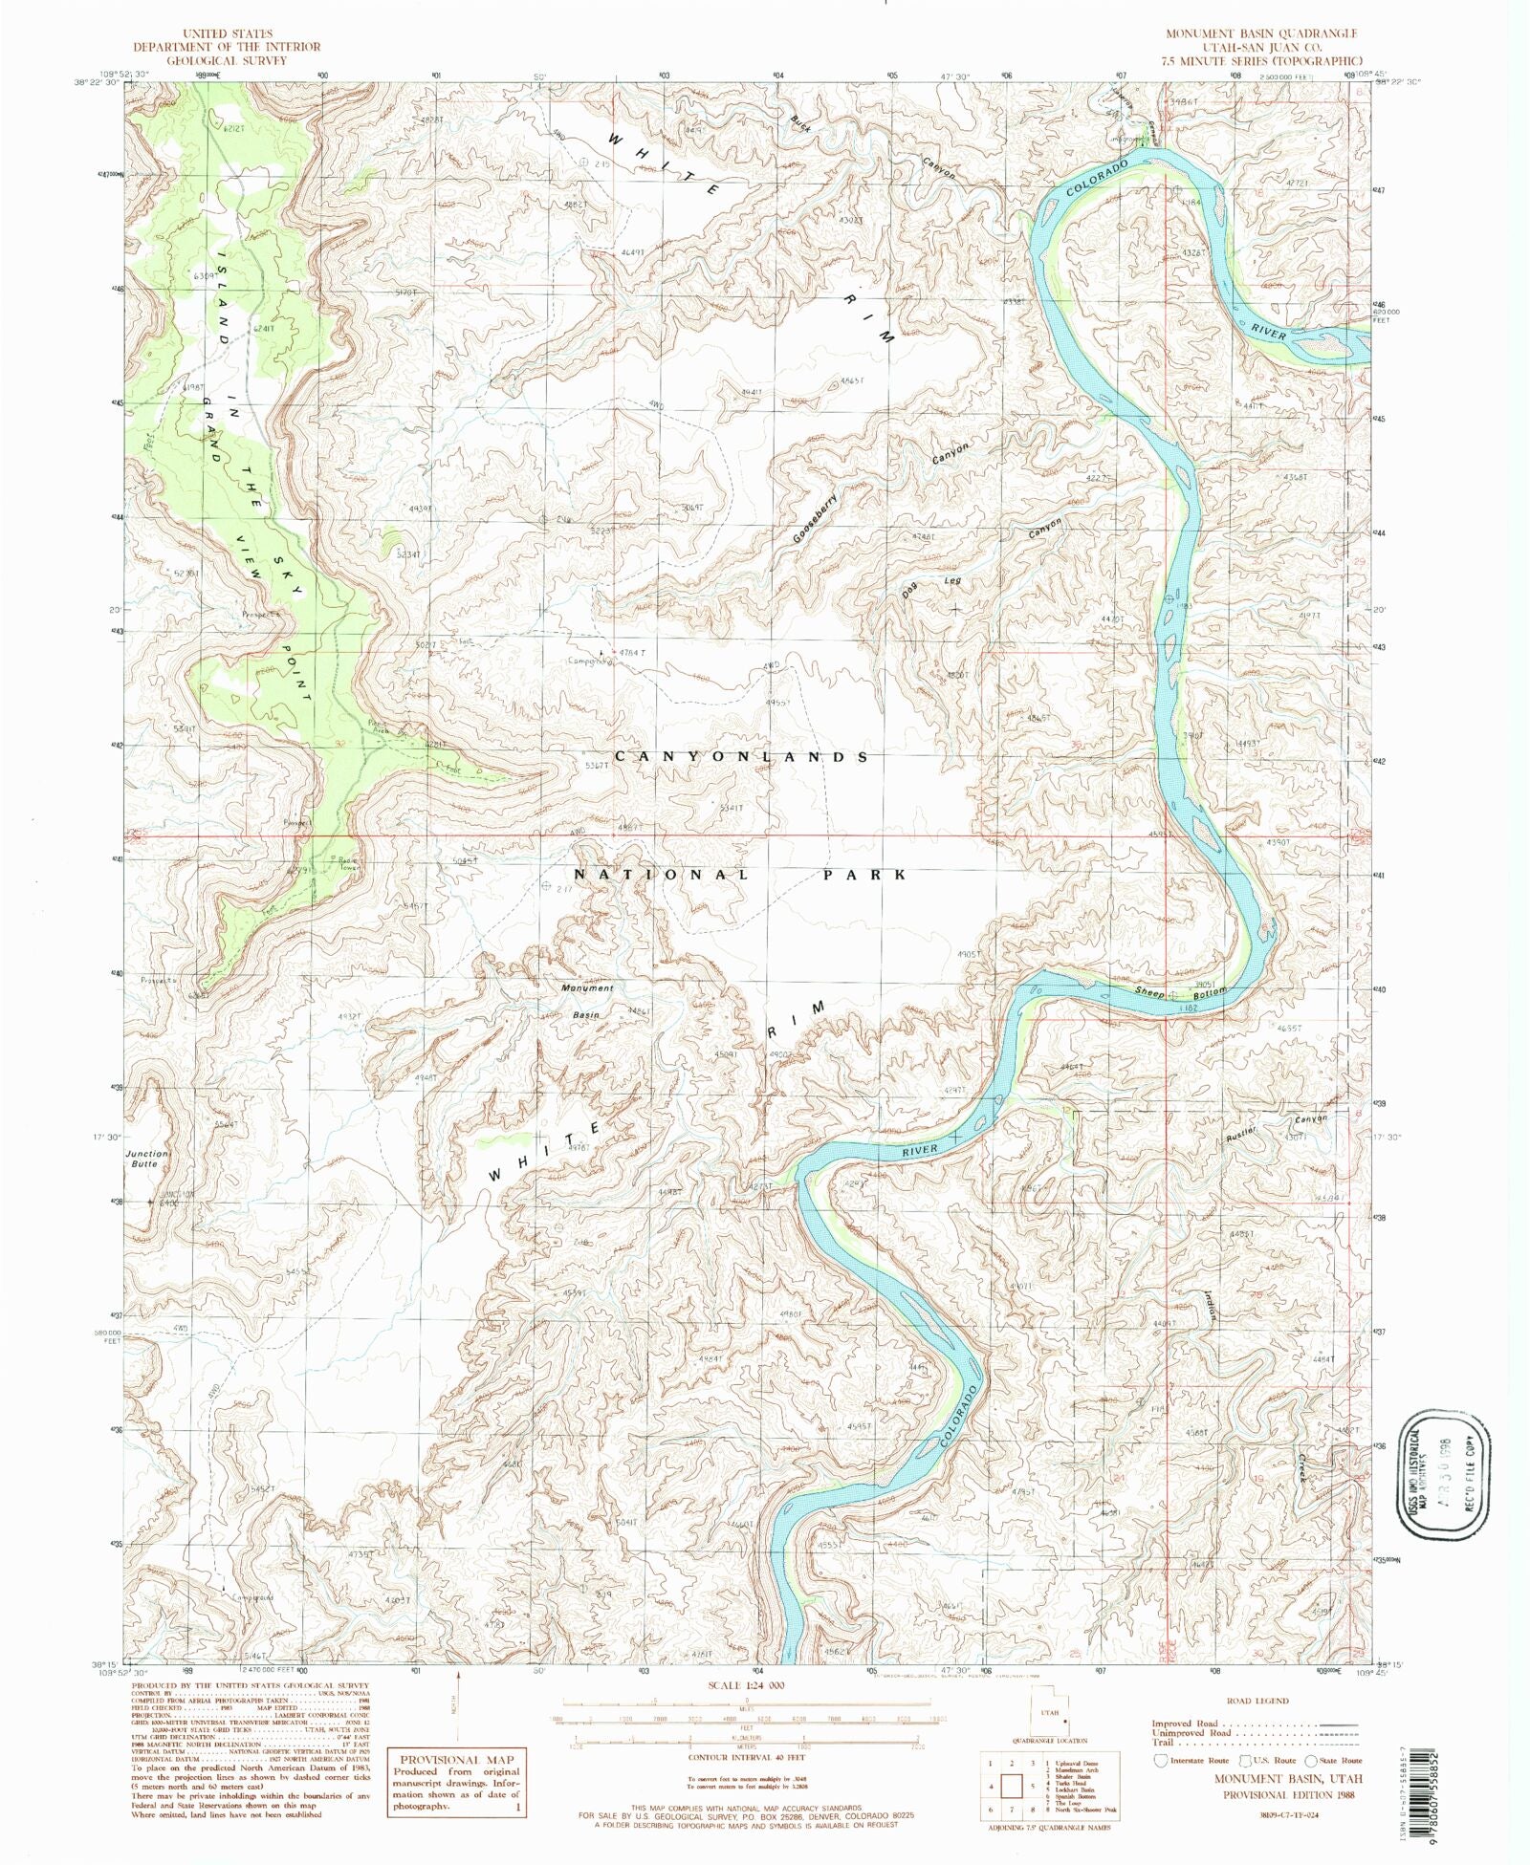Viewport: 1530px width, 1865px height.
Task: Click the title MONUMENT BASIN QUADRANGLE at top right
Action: pos(1260,33)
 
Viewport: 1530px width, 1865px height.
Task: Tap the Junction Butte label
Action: pos(146,1159)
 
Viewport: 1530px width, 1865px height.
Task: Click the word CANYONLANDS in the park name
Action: pos(741,756)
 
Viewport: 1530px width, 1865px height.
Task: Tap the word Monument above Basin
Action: pos(587,987)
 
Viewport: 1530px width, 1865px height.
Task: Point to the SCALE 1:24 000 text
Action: pos(745,1712)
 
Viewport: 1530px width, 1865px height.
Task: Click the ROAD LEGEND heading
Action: pos(1257,1701)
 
